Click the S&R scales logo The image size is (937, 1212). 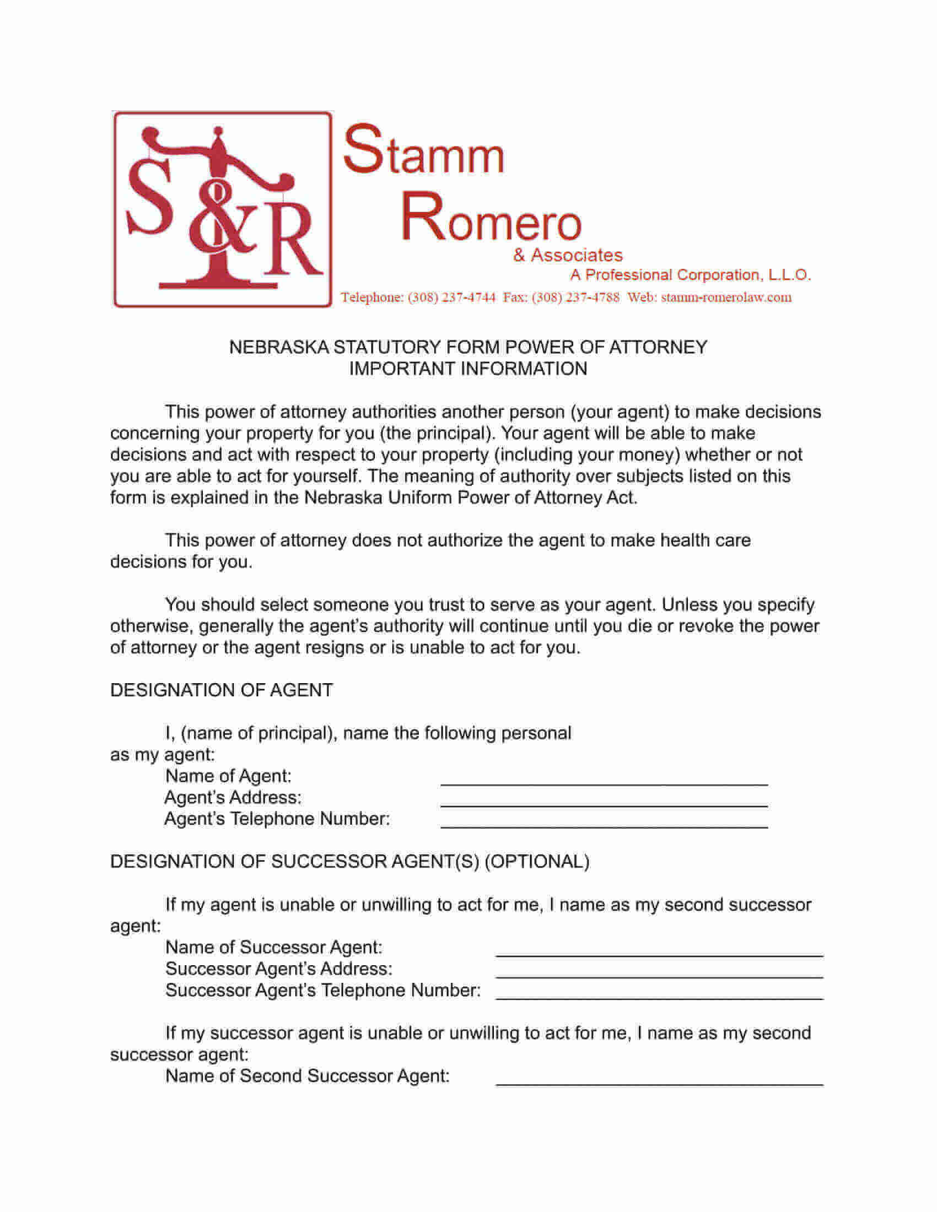(222, 209)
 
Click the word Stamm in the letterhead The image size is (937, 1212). (424, 151)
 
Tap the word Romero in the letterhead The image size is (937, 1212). (491, 219)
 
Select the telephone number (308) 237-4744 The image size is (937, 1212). (451, 297)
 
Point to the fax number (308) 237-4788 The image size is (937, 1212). (575, 297)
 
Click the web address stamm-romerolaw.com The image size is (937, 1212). (726, 297)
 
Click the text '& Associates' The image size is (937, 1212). (568, 255)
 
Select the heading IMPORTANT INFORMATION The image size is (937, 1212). (468, 369)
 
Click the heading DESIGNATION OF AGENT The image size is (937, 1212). (222, 690)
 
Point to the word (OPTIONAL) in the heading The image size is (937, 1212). (537, 862)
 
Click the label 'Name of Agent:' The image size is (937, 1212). (228, 776)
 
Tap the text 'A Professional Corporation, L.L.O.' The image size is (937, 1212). (690, 275)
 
